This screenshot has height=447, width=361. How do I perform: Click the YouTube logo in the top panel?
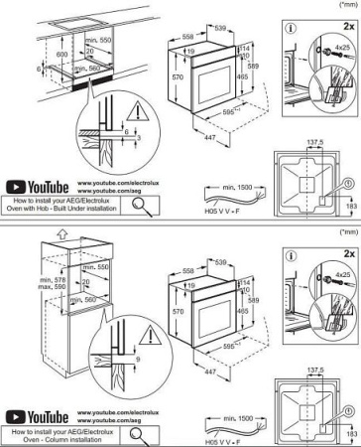pyautogui.click(x=38, y=187)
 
